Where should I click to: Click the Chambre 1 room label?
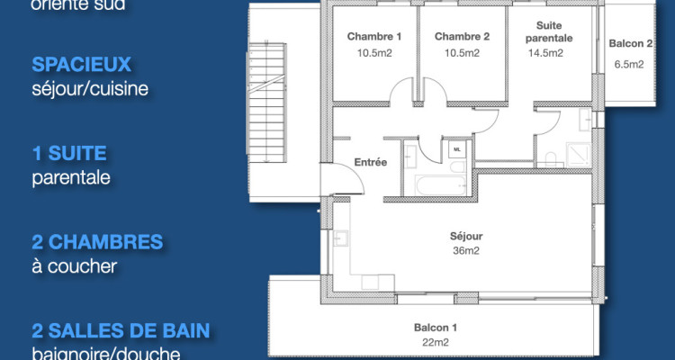[x=373, y=37]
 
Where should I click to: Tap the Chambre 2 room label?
[x=461, y=37]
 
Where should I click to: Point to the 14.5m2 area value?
[x=545, y=53]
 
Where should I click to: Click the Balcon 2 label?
[x=629, y=43]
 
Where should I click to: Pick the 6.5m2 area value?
[x=628, y=65]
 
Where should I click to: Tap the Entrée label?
[x=370, y=163]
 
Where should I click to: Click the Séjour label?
[x=466, y=237]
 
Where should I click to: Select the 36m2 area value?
[x=466, y=251]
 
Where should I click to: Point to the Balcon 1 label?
[x=436, y=327]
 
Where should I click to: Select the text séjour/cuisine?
[x=89, y=88]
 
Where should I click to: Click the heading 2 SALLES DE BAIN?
[x=121, y=330]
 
